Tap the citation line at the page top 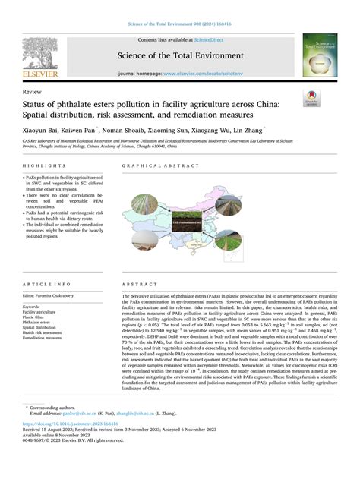pos(179,25)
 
